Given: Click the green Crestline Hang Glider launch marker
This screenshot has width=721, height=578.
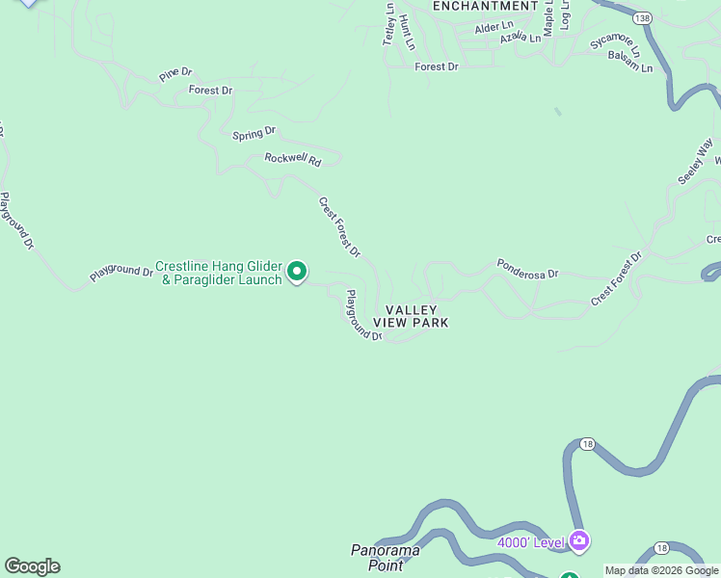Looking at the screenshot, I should [x=298, y=273].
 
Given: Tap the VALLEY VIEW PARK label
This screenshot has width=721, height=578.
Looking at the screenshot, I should [x=416, y=317].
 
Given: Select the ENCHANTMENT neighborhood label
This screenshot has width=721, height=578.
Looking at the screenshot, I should [x=485, y=6].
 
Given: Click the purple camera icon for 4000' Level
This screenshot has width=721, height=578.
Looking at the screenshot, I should [x=579, y=540].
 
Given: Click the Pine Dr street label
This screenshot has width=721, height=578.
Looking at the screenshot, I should [x=176, y=73].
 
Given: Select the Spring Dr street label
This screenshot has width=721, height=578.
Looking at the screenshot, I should [x=254, y=133].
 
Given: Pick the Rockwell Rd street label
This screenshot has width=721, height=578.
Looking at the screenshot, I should [x=292, y=160].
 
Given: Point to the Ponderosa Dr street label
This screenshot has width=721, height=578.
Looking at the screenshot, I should [x=527, y=268].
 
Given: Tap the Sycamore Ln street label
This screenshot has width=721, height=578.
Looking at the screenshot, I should [x=614, y=44].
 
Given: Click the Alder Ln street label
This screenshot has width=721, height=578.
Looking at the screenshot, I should [x=494, y=28].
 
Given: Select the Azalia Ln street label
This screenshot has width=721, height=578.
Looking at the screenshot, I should [x=521, y=38].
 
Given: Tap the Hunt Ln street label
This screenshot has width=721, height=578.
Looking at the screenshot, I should [x=407, y=32].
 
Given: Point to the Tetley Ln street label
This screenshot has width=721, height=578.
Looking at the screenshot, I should [x=389, y=24].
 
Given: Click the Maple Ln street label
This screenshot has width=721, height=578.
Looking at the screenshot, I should [x=547, y=17].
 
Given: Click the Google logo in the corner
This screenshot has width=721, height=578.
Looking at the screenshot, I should [x=32, y=566].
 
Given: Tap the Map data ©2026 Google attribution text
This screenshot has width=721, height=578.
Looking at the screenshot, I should [x=662, y=570].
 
